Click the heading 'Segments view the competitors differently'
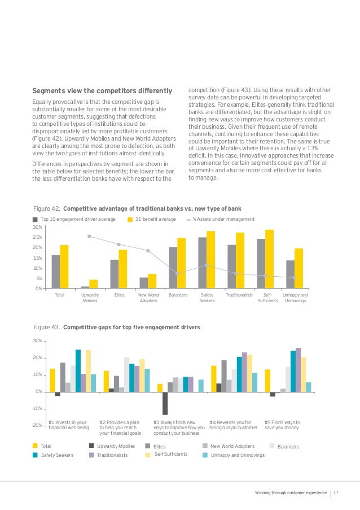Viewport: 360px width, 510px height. pos(102,90)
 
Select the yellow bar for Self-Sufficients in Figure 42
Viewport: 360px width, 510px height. pos(270,259)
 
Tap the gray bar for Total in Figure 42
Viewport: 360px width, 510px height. pos(55,272)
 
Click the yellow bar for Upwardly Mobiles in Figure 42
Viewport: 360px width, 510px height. pos(94,284)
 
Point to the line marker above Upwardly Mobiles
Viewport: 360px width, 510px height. pos(89,236)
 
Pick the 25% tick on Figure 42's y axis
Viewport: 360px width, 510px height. pos(37,237)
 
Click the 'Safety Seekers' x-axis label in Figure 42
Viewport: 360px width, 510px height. pos(207,298)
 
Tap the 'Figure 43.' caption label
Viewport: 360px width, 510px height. pos(47,327)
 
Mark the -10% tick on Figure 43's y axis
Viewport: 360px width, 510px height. pos(37,408)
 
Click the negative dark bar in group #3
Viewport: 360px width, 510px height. pos(165,403)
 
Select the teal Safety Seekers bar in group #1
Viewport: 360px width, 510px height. pos(78,370)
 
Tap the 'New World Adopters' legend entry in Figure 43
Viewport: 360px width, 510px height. pos(232,446)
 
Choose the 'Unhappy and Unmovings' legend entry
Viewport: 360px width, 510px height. pos(237,455)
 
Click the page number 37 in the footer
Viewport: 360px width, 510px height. pos(335,493)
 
